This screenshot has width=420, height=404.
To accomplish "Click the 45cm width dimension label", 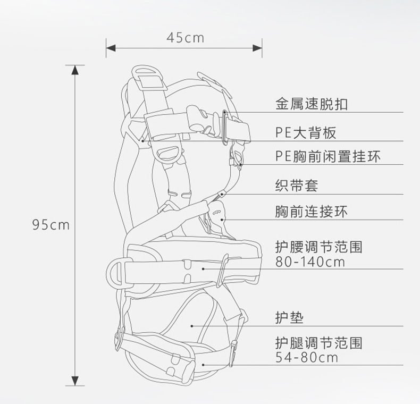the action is tap(185, 37).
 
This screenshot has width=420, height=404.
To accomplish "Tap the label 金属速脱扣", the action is tap(311, 103).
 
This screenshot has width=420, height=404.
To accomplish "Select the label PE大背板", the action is tap(306, 132).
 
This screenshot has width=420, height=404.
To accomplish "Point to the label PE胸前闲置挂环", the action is tap(328, 156).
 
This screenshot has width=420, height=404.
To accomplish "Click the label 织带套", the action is tap(297, 186).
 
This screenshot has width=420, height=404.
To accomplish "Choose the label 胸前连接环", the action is tap(311, 212).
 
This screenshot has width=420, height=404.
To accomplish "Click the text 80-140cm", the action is tap(310, 262).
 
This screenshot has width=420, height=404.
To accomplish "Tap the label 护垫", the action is tap(289, 317).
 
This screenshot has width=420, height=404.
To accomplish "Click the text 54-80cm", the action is tap(307, 357).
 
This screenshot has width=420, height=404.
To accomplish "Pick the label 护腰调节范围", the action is tap(318, 247).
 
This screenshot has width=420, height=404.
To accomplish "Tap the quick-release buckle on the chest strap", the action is tap(201, 119).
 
